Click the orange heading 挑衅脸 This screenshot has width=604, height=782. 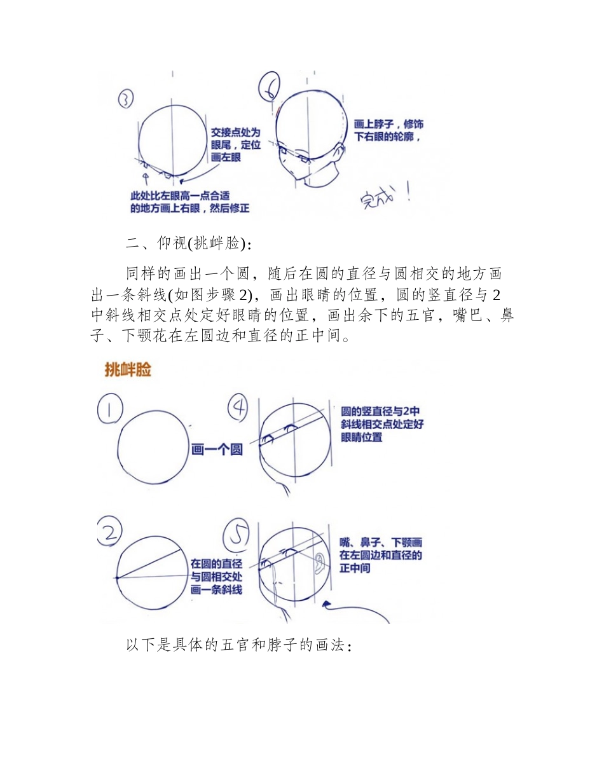[128, 370]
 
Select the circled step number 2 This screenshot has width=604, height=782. [110, 532]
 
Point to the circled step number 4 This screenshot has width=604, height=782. [238, 410]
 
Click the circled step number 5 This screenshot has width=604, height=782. [238, 535]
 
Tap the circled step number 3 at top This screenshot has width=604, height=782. [126, 99]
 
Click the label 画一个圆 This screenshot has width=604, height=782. [217, 450]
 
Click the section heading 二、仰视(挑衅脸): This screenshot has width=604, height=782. [188, 244]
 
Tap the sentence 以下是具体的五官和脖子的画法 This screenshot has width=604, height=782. [238, 646]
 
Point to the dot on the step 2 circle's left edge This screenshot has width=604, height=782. [118, 578]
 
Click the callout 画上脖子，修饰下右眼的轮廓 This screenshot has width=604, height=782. [388, 130]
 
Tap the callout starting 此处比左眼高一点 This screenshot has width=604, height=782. [189, 202]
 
